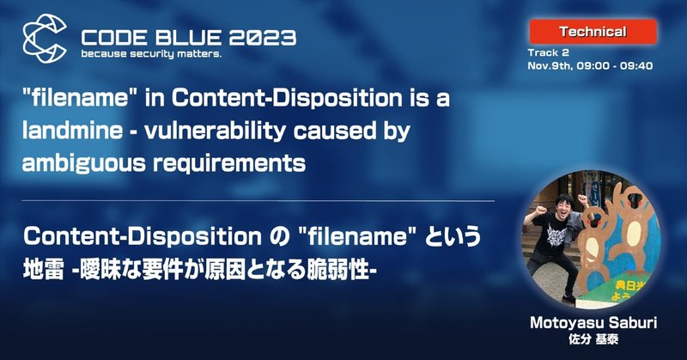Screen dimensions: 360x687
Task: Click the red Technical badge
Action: [x=592, y=33]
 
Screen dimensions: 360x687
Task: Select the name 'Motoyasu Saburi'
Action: [x=588, y=323]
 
